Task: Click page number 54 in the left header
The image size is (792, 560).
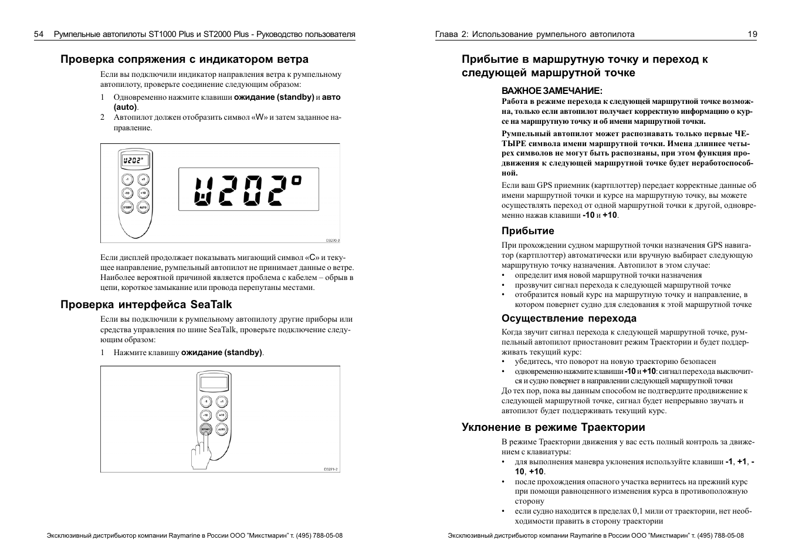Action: coord(39,34)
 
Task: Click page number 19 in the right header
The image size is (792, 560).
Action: coord(752,34)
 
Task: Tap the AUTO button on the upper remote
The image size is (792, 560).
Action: coord(143,207)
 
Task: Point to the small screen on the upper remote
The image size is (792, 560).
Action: coord(134,160)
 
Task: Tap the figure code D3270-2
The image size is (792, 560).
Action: coord(333,240)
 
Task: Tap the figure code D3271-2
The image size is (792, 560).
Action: coord(331,469)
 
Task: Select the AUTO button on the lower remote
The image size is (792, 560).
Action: coord(221,429)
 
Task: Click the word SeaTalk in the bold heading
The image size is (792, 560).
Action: coord(211,305)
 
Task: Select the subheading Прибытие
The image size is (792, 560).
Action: coord(527,231)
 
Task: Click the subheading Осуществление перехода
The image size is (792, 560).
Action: coord(568,318)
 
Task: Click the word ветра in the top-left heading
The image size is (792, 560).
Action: coord(294,59)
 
